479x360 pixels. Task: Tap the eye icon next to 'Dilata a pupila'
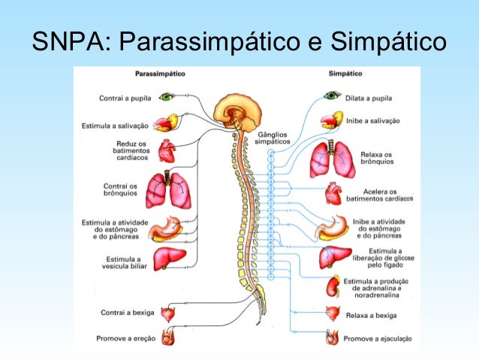click(332, 95)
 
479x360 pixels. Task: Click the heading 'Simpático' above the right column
click(346, 74)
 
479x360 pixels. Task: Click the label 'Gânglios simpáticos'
click(272, 138)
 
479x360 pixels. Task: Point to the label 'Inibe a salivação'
click(373, 120)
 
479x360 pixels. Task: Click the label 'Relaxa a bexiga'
click(371, 316)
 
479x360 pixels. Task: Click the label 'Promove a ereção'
click(125, 338)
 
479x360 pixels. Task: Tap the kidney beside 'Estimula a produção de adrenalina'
click(332, 286)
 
